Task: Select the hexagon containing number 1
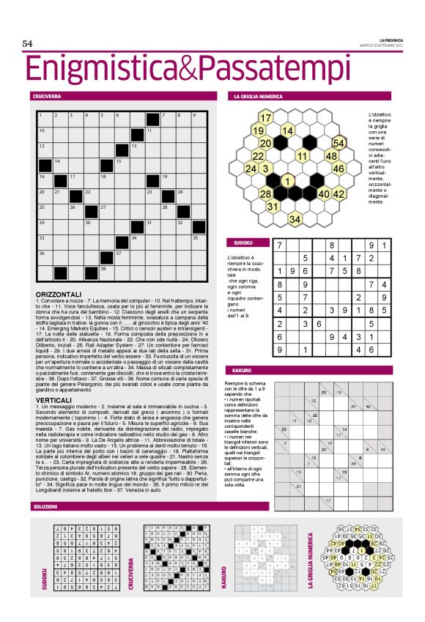tap(288, 181)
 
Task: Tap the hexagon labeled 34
tap(295, 219)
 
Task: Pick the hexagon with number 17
tap(266, 118)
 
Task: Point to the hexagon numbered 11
tap(301, 155)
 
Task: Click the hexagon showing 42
tap(338, 194)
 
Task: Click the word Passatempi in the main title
tap(262, 70)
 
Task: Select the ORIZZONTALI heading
tap(58, 294)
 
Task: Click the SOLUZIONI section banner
tap(45, 507)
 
